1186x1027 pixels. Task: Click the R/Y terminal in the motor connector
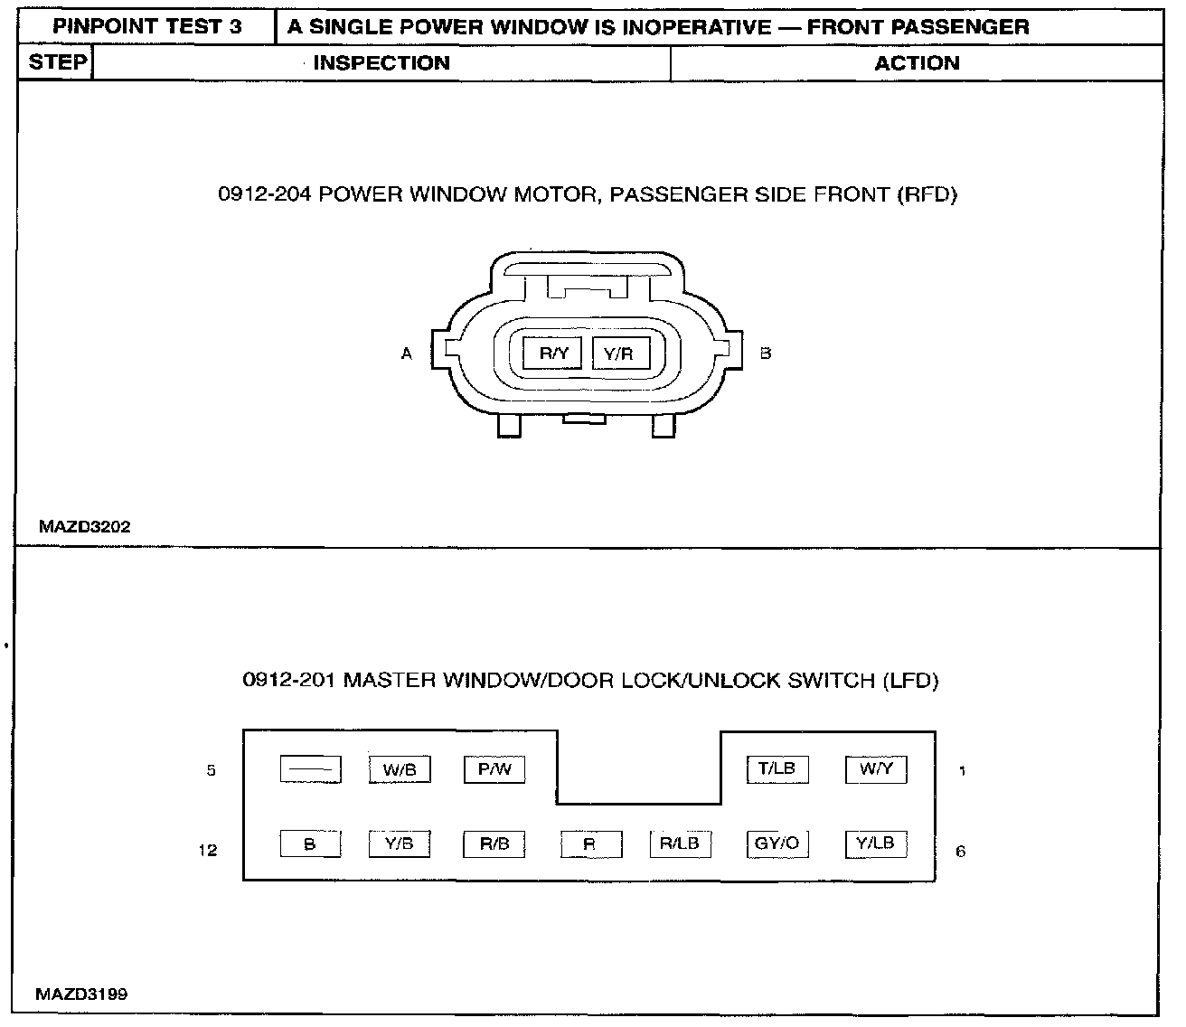pyautogui.click(x=552, y=353)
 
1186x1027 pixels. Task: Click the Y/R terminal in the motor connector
pyautogui.click(x=619, y=353)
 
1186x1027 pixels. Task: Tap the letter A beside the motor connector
pyautogui.click(x=407, y=354)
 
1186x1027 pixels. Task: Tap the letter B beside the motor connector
pyautogui.click(x=766, y=353)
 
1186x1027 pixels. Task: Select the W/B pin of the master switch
pyautogui.click(x=400, y=770)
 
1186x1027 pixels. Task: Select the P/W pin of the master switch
pyautogui.click(x=494, y=769)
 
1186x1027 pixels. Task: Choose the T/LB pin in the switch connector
pyautogui.click(x=777, y=769)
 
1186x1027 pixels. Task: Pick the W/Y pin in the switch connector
pyautogui.click(x=876, y=769)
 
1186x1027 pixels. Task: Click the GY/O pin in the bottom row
pyautogui.click(x=777, y=843)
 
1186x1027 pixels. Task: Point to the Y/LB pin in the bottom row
pyautogui.click(x=876, y=843)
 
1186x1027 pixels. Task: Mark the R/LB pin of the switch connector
pyautogui.click(x=680, y=843)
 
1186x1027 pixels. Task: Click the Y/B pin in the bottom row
pyautogui.click(x=400, y=844)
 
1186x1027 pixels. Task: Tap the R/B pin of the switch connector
pyautogui.click(x=494, y=844)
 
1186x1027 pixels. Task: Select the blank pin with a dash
pyautogui.click(x=310, y=770)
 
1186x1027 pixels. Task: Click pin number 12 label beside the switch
pyautogui.click(x=208, y=851)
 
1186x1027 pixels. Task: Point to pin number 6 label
pyautogui.click(x=961, y=852)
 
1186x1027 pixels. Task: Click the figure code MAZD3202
pyautogui.click(x=85, y=526)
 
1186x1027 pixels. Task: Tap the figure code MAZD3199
pyautogui.click(x=81, y=994)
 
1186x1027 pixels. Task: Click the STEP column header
pyautogui.click(x=58, y=62)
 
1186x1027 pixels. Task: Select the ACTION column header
pyautogui.click(x=917, y=63)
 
